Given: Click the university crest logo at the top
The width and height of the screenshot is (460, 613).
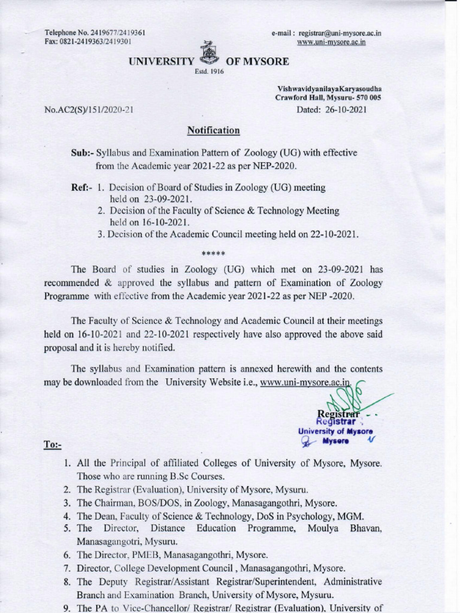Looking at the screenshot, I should click(208, 55).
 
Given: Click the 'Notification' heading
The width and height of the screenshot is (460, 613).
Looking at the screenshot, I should click(214, 131).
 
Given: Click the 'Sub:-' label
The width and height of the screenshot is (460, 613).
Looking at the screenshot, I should click(82, 153).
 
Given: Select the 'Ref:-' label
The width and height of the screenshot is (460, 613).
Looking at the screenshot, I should click(81, 187).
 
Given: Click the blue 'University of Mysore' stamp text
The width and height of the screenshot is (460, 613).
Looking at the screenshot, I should click(335, 431).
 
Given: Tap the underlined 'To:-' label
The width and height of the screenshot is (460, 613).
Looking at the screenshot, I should click(53, 445).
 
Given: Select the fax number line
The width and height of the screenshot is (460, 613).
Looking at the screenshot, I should click(87, 42).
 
